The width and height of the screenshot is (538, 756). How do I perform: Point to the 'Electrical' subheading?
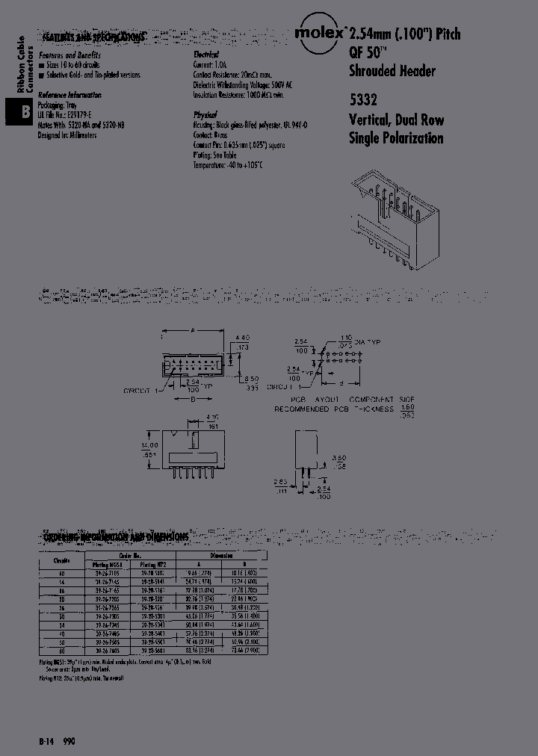pos(205,55)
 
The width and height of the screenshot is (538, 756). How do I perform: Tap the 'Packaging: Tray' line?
pos(61,106)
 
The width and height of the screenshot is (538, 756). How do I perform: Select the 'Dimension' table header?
pos(222,555)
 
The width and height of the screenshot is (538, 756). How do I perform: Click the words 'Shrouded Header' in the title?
pos(392,72)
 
